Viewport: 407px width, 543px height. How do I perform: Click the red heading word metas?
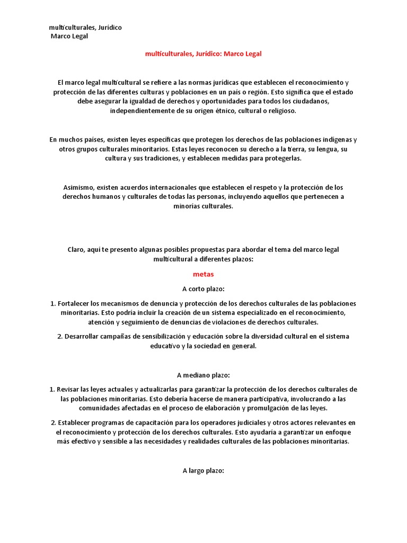pos(203,274)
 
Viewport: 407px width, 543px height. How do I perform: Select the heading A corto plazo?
pos(203,289)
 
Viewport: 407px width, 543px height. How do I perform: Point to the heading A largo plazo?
pos(203,470)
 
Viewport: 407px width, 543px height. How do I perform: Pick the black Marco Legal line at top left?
pos(69,36)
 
